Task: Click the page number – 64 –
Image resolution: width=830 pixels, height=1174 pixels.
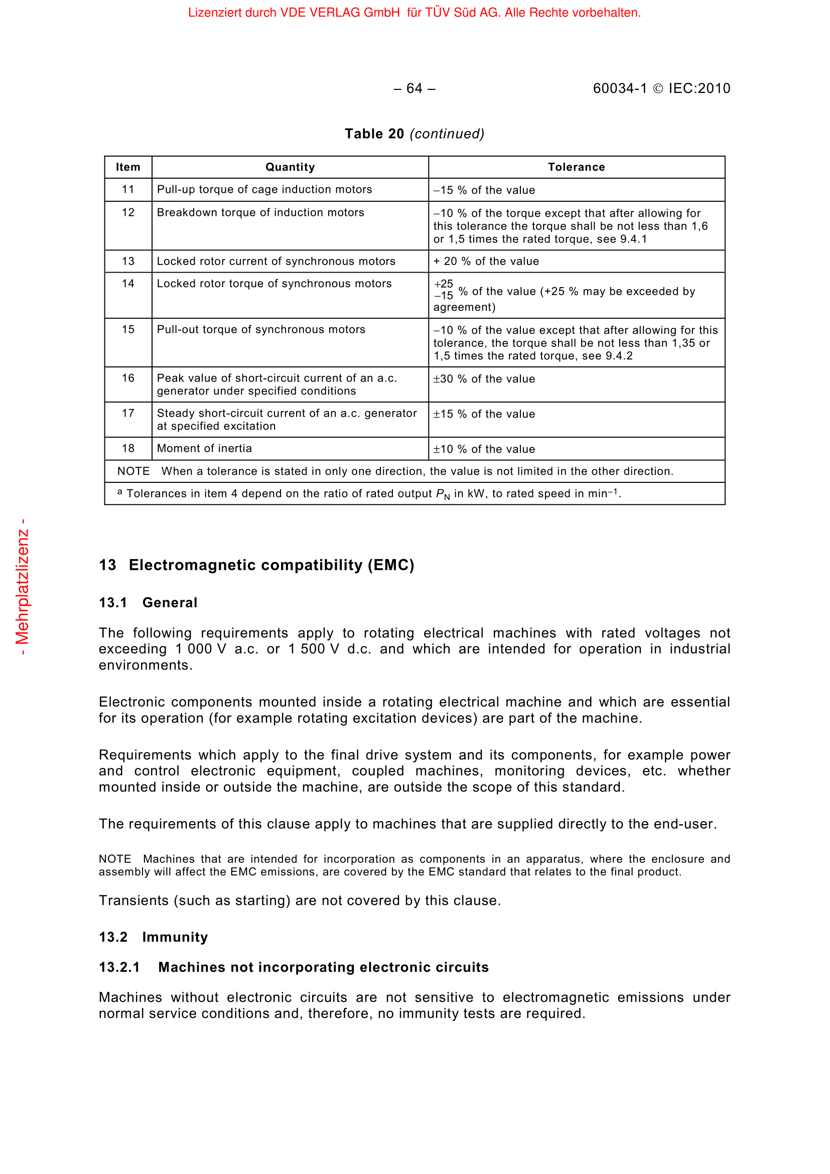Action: tap(414, 88)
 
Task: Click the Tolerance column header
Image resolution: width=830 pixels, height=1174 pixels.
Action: tap(576, 167)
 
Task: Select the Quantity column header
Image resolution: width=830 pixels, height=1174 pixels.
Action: tap(290, 167)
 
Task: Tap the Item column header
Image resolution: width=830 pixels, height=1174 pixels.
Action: tap(128, 167)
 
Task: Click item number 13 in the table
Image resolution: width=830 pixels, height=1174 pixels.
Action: tap(128, 262)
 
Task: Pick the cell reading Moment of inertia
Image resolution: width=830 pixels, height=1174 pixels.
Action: tap(204, 448)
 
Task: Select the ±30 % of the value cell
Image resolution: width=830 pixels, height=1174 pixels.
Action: tap(484, 379)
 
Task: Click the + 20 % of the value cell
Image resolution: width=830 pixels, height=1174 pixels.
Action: tap(486, 262)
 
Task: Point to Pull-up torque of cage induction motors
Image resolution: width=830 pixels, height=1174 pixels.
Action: tap(264, 189)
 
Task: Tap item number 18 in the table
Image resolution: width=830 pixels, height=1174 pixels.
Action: tap(128, 448)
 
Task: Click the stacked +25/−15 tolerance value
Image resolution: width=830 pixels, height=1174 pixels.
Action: tap(443, 290)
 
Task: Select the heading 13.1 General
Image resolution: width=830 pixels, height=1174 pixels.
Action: tap(148, 603)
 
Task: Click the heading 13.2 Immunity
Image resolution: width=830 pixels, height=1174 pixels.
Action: tap(154, 937)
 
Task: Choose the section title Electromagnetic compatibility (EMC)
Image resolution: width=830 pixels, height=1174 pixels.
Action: tap(271, 565)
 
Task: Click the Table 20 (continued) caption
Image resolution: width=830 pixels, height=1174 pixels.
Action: tap(414, 134)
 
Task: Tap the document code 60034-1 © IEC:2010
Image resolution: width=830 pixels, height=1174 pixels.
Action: tap(661, 88)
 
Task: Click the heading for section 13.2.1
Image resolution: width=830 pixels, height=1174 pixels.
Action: tap(294, 967)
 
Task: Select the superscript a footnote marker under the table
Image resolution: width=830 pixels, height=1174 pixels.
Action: tap(119, 492)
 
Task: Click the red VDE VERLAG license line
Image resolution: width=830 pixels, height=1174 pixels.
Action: tap(414, 13)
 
